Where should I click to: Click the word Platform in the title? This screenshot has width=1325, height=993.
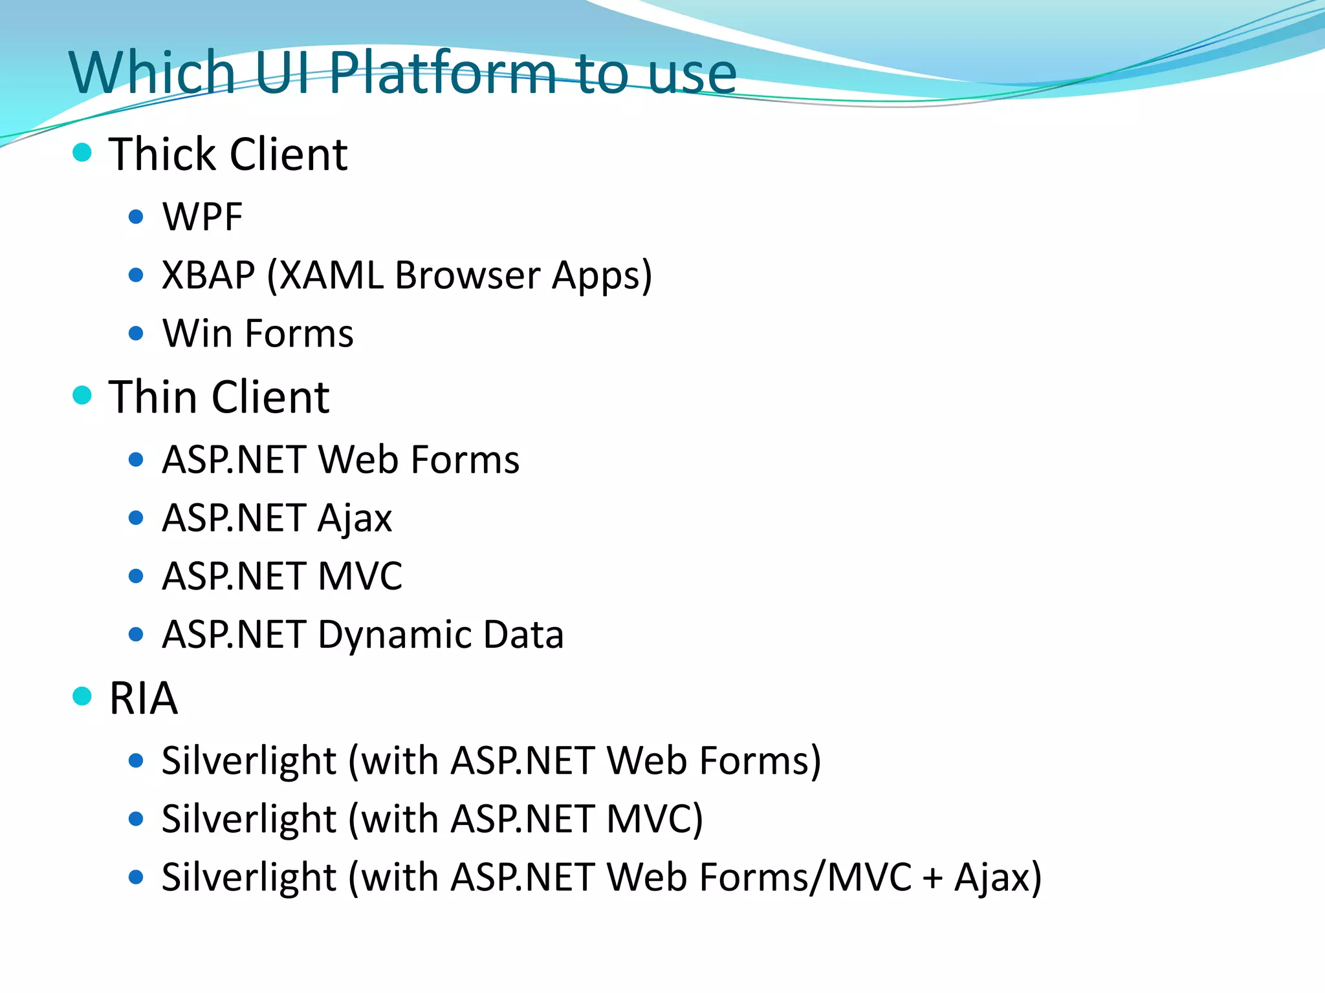coord(442,72)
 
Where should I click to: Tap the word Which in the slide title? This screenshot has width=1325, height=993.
coord(151,72)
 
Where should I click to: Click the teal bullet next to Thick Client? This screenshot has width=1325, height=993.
coord(82,153)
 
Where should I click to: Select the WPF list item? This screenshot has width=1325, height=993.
coord(202,217)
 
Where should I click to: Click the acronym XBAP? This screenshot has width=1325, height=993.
coord(208,275)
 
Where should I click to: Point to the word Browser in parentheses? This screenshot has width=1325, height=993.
coord(467,275)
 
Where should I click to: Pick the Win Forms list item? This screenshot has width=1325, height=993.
coord(257,334)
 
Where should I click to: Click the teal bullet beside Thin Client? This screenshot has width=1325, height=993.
coord(82,395)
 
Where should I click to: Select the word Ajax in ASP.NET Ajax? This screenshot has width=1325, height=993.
coord(355,518)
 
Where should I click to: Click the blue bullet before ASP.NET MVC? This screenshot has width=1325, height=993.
coord(136,576)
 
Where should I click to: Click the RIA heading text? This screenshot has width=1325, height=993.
coord(143,698)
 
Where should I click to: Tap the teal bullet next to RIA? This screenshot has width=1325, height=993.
coord(82,696)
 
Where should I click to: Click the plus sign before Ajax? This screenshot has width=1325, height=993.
coord(932,879)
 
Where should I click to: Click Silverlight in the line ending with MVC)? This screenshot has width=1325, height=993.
coord(248,819)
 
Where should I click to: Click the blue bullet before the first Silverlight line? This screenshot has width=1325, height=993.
coord(136,761)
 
